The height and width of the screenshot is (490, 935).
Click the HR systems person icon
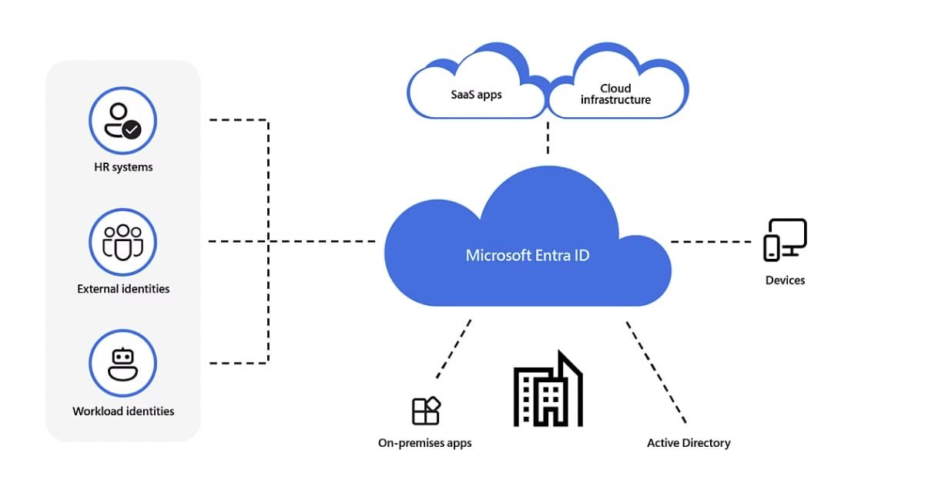[x=122, y=121]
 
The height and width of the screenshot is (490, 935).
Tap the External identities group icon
[x=122, y=242]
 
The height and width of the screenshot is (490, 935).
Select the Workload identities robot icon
[x=122, y=364]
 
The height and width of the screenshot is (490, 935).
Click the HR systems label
[x=122, y=167]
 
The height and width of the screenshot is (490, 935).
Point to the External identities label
[x=123, y=289]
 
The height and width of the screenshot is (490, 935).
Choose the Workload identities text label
[x=123, y=411]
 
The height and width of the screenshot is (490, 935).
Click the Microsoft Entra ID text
[x=528, y=255]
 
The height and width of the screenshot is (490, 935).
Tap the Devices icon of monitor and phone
[x=785, y=240]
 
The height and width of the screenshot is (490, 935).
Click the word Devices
[x=785, y=280]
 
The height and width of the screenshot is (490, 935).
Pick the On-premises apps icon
[x=426, y=411]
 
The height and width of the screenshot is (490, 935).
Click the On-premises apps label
[x=424, y=443]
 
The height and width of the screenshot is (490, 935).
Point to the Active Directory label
[x=689, y=443]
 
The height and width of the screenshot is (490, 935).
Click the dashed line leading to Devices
[x=710, y=242]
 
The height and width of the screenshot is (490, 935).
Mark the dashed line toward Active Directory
[x=655, y=372]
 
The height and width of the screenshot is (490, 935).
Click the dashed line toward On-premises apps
[x=454, y=349]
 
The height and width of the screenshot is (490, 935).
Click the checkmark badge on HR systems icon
[x=132, y=130]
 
